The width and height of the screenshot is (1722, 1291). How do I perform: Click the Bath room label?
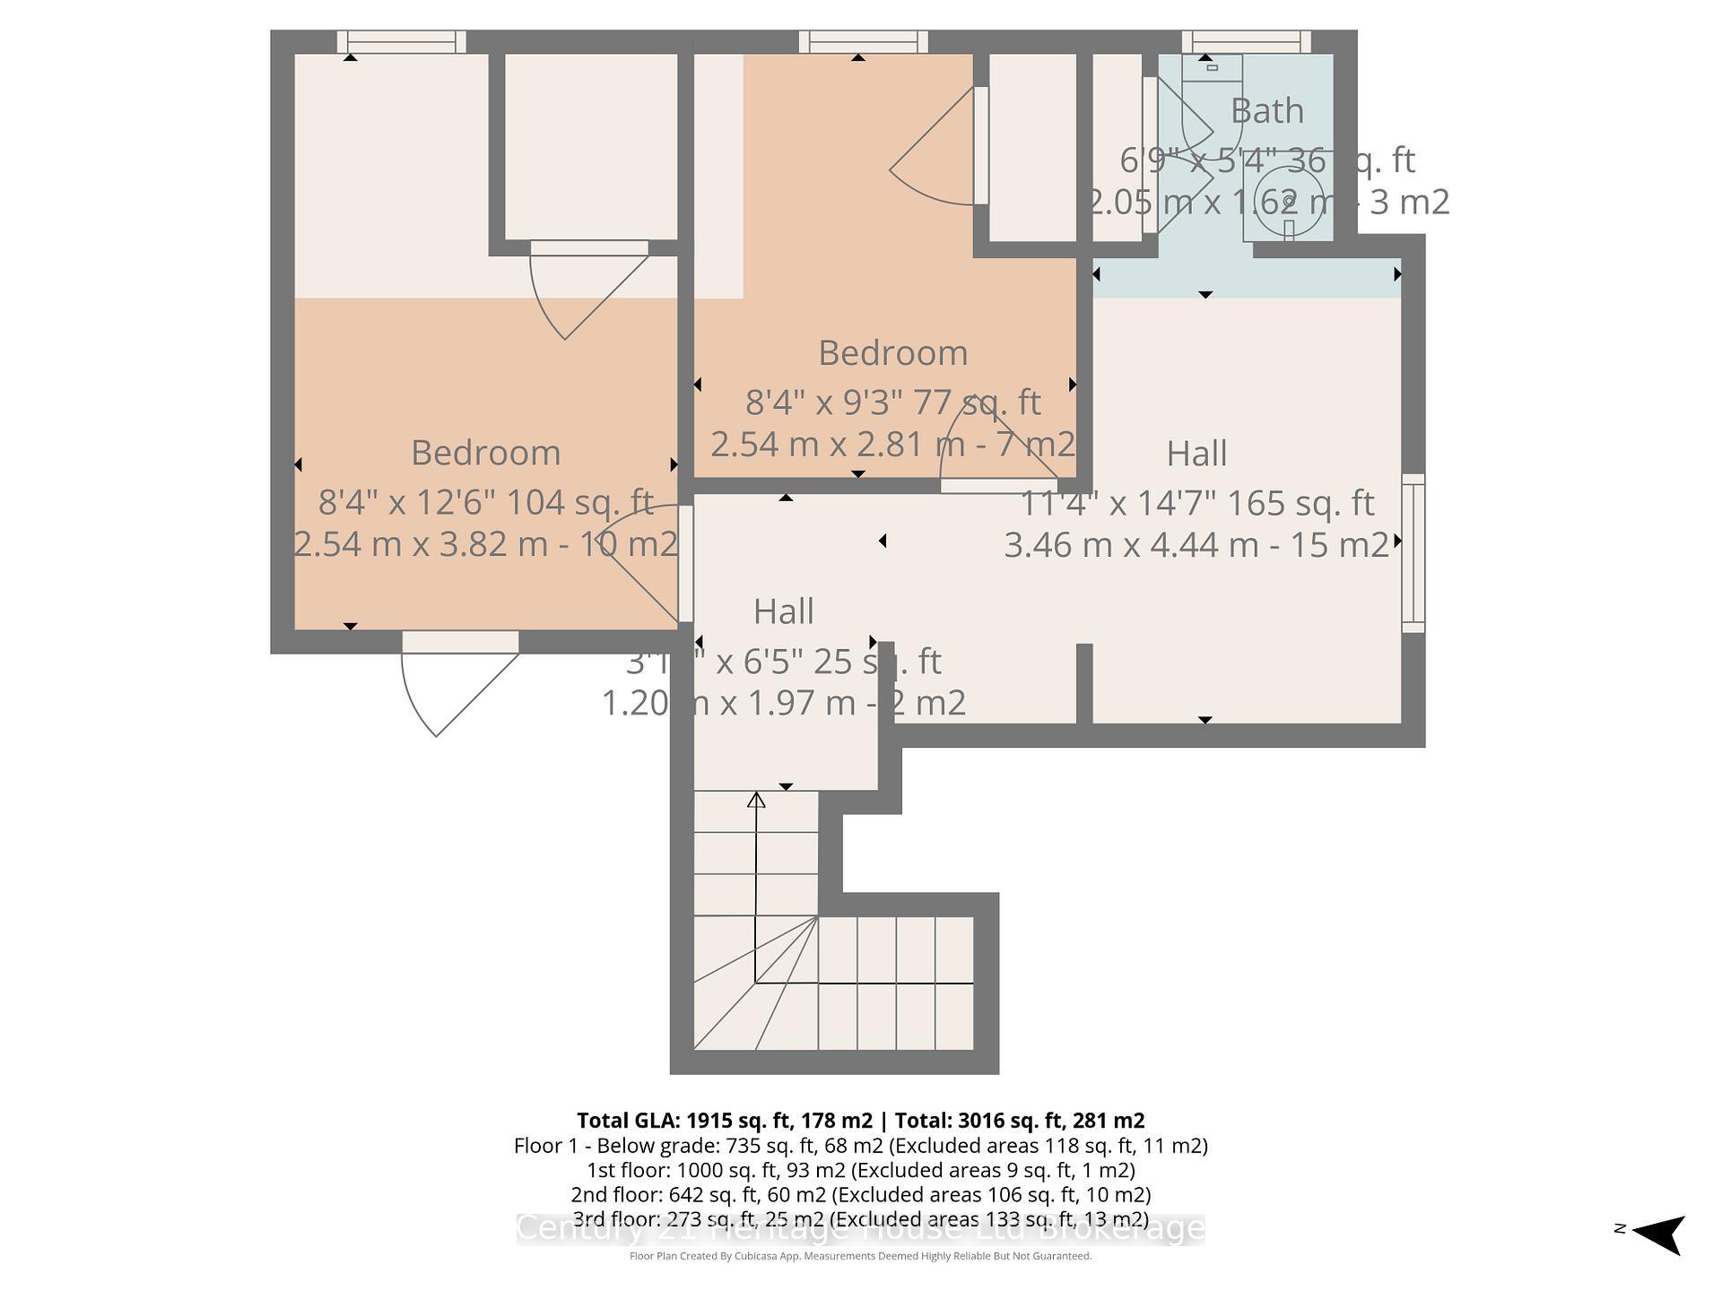coord(1266,111)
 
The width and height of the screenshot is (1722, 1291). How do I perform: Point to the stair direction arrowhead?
coord(756,800)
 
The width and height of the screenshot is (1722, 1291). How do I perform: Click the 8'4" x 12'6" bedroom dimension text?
coord(485,502)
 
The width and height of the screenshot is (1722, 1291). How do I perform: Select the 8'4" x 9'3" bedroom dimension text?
coord(892,403)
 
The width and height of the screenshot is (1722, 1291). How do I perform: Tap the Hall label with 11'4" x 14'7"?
coord(1196,454)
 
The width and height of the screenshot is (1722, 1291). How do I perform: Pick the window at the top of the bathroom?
coord(1246,41)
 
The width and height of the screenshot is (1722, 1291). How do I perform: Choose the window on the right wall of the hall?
coord(1413,553)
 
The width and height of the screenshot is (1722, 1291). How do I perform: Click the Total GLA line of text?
coord(860,1121)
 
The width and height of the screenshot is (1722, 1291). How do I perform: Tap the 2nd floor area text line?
coord(860,1194)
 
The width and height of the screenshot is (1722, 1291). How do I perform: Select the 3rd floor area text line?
coord(860,1219)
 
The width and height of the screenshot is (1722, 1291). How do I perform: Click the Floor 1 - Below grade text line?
coord(860,1146)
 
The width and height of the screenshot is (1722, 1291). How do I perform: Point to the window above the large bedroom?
coord(401,41)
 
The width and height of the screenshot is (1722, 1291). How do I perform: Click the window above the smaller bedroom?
coord(863,41)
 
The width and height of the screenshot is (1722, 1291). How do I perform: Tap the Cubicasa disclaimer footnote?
coord(860,1256)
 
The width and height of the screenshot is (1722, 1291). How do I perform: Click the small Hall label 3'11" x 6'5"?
coord(783,612)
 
